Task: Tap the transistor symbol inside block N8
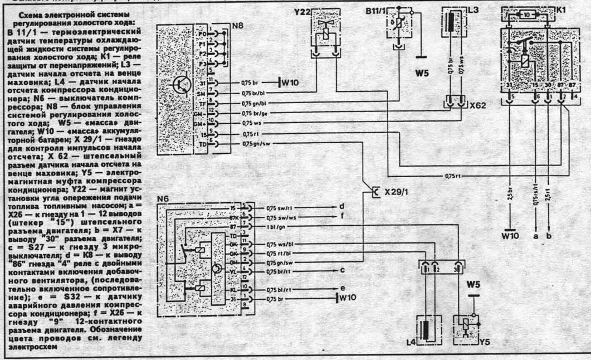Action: [x=180, y=84]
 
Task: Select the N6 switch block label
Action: [x=164, y=198]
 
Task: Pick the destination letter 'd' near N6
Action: [x=341, y=206]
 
